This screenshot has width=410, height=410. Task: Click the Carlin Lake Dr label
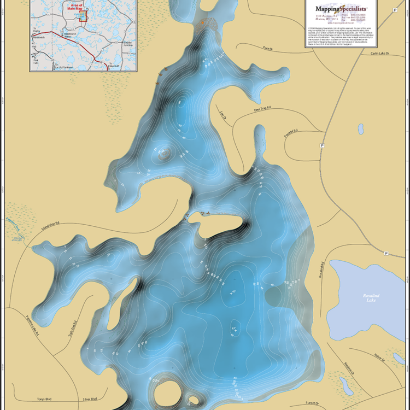(382, 54)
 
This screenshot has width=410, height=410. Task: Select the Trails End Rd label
(71, 328)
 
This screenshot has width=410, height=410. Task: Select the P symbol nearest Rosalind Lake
(386, 254)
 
